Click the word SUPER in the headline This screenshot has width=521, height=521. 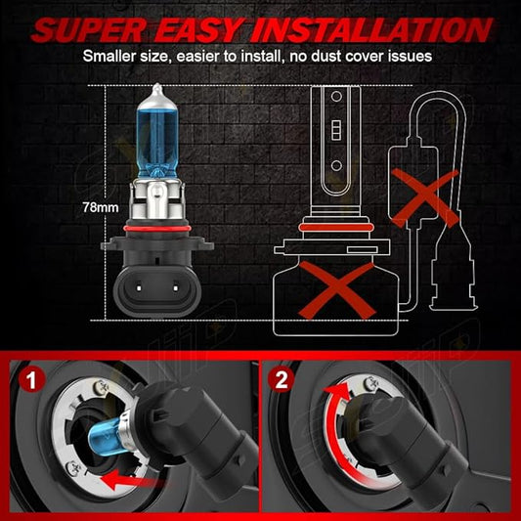click(89, 30)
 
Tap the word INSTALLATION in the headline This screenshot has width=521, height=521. click(371, 30)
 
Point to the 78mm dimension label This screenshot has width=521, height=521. click(101, 207)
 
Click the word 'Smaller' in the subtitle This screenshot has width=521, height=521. click(109, 56)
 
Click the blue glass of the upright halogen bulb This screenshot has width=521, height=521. click(157, 140)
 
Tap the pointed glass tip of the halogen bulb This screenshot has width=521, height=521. click(156, 89)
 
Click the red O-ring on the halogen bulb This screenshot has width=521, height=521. click(157, 229)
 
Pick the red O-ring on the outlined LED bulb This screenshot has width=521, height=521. click(336, 228)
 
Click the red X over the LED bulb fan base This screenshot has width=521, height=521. click(337, 289)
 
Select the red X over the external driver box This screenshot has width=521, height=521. click(425, 198)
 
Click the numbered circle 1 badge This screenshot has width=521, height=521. click(31, 380)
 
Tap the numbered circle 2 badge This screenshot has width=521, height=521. click(282, 380)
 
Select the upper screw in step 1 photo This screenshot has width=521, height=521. click(101, 387)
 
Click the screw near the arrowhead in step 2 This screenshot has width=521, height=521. click(371, 384)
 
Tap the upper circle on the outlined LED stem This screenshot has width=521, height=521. click(336, 97)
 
